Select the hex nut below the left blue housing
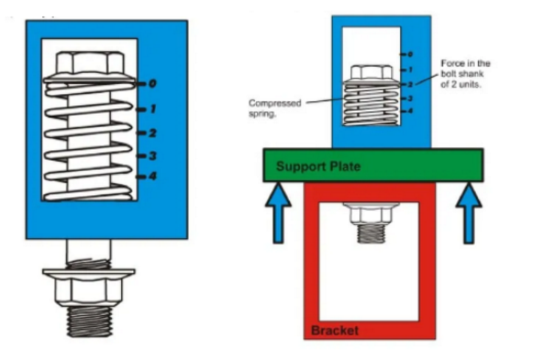[89, 286]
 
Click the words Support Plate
[318, 166]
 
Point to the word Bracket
[334, 330]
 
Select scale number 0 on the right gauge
[410, 54]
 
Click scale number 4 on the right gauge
[410, 111]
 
